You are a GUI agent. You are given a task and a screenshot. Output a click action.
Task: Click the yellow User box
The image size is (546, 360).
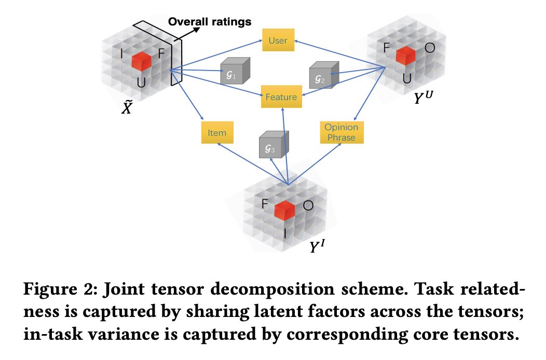[x=278, y=40]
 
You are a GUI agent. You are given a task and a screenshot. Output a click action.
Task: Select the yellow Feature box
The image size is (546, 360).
[x=281, y=97]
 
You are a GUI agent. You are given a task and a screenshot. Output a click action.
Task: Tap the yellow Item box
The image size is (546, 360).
[x=217, y=133]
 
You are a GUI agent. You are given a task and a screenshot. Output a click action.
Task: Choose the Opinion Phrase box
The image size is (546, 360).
[x=341, y=132]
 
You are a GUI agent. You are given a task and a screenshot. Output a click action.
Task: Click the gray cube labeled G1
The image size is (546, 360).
[x=235, y=72]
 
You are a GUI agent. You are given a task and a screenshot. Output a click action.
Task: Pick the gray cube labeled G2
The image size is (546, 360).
[x=323, y=76]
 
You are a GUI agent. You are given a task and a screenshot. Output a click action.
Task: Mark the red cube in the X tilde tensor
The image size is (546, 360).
[x=141, y=61]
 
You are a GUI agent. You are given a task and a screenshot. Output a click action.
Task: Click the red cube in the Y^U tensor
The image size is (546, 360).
[x=406, y=56]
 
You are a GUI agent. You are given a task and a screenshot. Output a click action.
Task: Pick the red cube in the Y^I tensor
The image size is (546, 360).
[x=284, y=210]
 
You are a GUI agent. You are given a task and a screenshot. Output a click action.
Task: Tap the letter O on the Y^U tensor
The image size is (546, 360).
[x=429, y=48]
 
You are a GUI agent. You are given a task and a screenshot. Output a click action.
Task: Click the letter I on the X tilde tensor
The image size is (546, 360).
[x=121, y=53]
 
